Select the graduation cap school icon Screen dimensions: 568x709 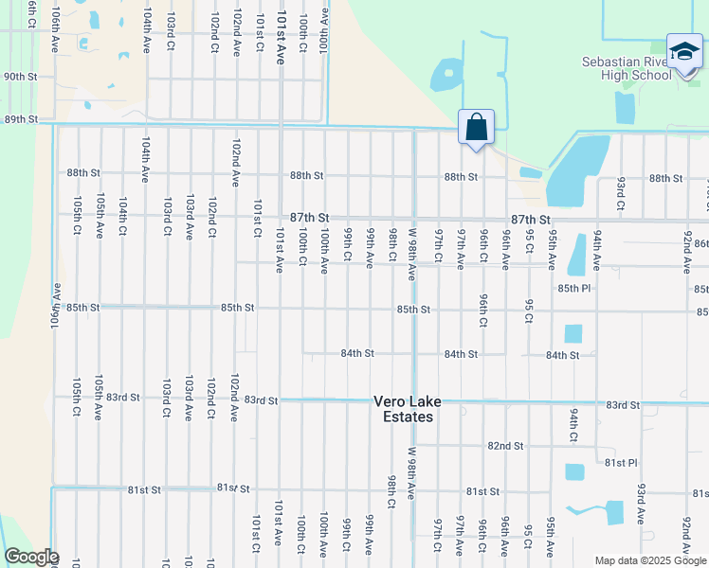coord(683,52)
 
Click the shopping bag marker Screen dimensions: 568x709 coord(476,127)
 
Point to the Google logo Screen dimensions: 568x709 coord(31,557)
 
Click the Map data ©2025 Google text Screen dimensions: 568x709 coord(650,560)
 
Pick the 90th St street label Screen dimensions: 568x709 coord(20,77)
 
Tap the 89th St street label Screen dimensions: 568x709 coord(20,119)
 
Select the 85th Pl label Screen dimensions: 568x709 coord(573,287)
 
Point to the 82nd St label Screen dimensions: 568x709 coord(505,445)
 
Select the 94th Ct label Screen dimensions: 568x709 coord(574,426)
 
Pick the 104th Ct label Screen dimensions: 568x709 coord(123,216)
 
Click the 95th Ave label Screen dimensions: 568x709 coord(551,537)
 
